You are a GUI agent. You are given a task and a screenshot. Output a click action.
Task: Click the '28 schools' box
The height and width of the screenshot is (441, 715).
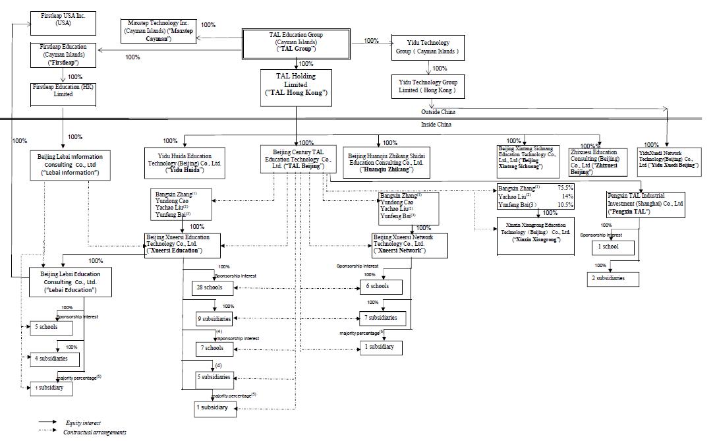[x=209, y=287]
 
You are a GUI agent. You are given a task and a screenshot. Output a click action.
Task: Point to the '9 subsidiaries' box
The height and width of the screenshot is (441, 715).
[x=214, y=319]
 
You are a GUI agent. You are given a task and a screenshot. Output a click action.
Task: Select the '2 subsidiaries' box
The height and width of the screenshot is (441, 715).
[x=614, y=279]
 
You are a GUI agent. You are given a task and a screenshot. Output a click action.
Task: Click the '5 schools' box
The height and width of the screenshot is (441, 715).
[x=46, y=326]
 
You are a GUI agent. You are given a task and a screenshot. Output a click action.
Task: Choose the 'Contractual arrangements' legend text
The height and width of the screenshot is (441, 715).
[x=95, y=432]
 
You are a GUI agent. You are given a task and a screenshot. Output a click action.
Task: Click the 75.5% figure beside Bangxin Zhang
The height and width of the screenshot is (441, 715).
[x=565, y=188]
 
